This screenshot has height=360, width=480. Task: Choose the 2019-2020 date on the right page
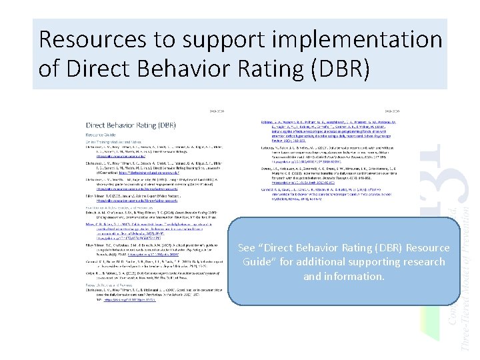click(x=392, y=111)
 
